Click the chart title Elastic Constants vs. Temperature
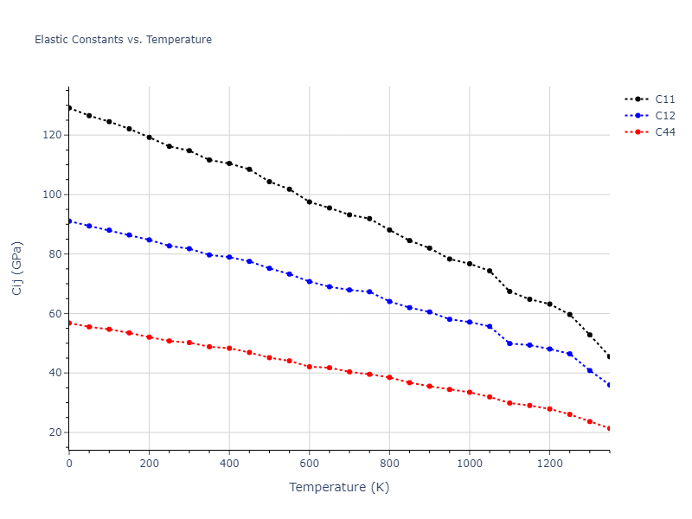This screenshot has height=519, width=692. point(123,40)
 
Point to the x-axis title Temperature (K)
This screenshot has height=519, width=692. point(339,487)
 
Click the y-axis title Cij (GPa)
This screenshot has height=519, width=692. point(17,268)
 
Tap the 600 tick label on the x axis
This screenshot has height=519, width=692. point(309,463)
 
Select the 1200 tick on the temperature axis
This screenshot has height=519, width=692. point(549,463)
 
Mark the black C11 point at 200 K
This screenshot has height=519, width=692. point(149,138)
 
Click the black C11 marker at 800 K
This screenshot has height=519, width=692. point(389,230)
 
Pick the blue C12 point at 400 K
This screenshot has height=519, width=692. point(229,257)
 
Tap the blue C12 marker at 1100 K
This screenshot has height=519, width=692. point(509,343)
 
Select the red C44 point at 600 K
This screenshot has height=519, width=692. point(309,367)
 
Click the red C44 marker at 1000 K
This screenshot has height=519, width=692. point(470,392)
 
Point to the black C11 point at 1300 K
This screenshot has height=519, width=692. point(590,335)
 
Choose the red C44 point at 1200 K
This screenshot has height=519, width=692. point(549,409)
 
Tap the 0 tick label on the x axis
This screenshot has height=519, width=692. point(69,463)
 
